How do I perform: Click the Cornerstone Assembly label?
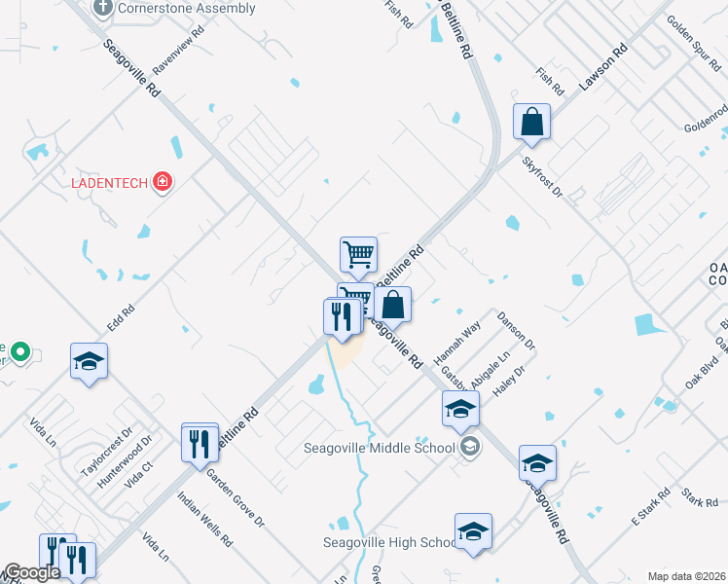coord(186,9)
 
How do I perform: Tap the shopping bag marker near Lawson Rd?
coord(532,124)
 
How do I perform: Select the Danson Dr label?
coord(516,331)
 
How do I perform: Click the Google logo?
coord(32,572)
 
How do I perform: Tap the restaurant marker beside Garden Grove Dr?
coord(200,444)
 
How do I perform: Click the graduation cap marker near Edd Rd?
coord(89,362)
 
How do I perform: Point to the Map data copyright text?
coord(685,576)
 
